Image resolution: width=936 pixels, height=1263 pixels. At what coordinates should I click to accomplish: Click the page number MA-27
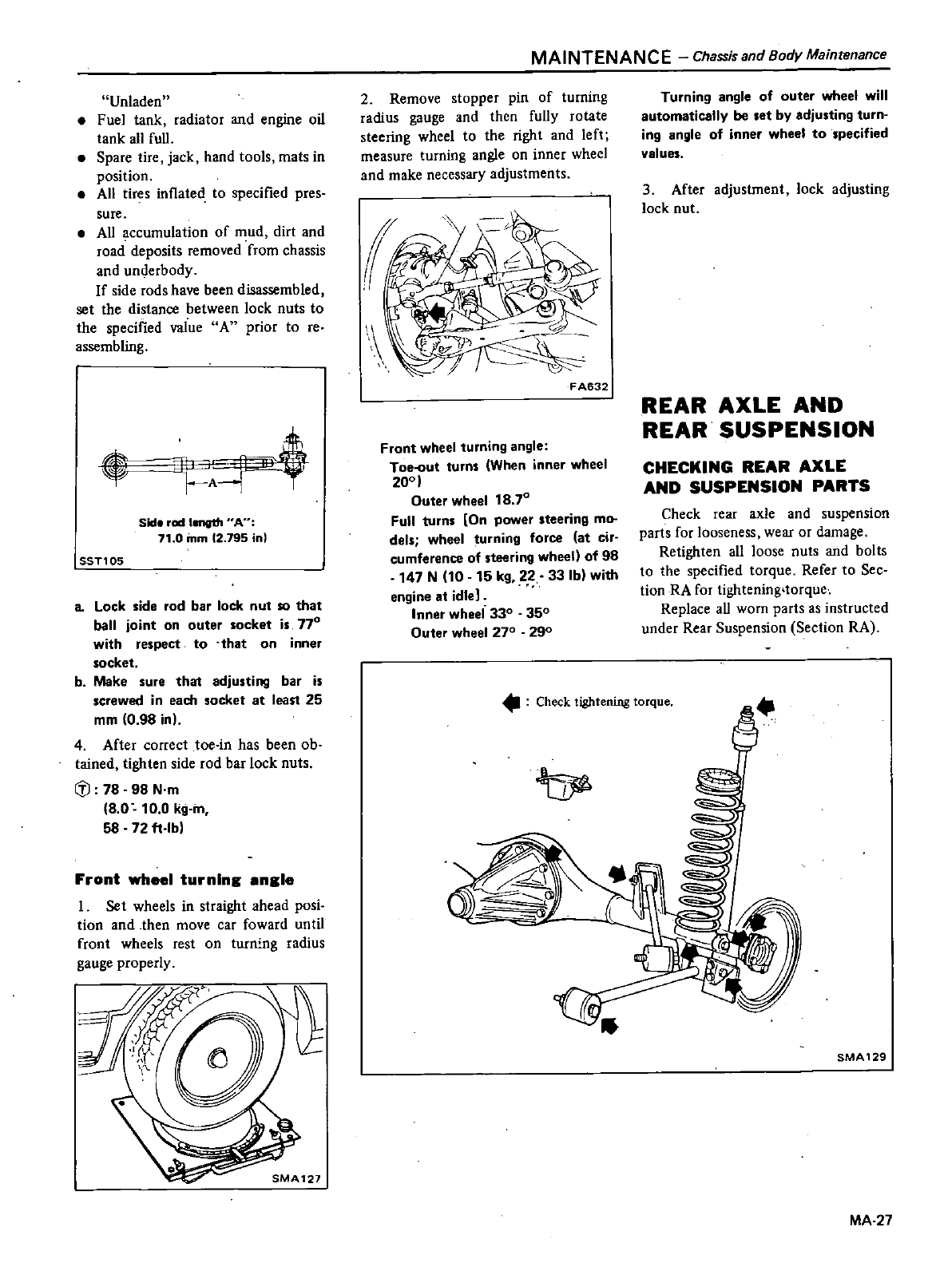coord(871,1220)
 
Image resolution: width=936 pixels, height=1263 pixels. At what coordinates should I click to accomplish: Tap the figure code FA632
coord(590,388)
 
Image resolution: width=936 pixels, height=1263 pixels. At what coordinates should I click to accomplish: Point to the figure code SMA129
coord(862,1056)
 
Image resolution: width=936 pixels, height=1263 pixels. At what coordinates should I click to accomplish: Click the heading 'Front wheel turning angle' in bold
coord(184,879)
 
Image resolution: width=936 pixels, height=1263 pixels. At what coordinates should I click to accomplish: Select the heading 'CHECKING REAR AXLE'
coord(744,466)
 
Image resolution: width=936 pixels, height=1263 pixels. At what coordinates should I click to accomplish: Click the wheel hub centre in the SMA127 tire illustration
coord(215,1059)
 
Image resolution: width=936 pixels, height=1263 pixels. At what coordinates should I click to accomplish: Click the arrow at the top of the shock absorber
coord(765,706)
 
